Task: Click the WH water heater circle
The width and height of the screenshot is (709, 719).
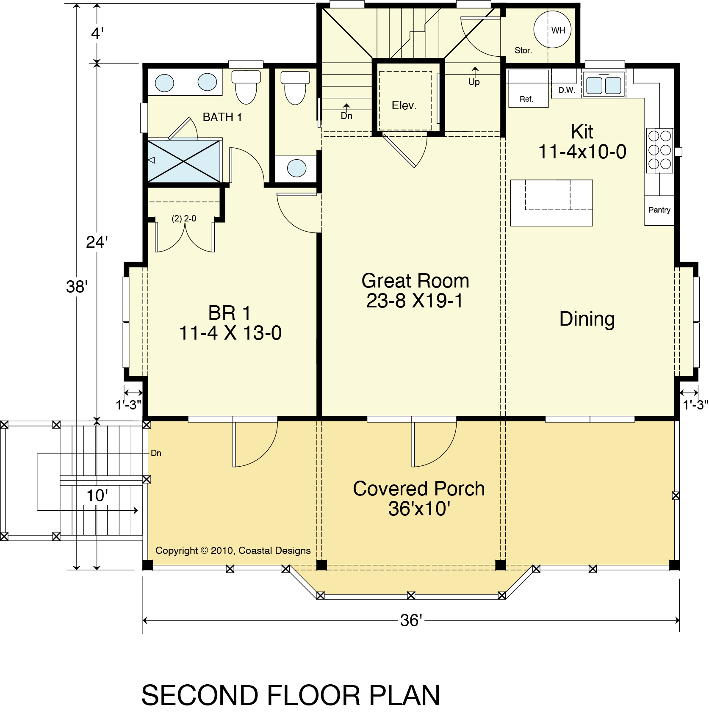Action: [553, 30]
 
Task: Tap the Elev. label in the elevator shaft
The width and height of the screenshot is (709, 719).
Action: [404, 105]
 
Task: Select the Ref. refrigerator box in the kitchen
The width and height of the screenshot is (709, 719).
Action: [528, 88]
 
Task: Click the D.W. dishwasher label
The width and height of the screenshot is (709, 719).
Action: [567, 90]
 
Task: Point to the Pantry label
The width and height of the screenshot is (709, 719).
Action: [659, 210]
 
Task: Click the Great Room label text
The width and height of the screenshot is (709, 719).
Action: [415, 281]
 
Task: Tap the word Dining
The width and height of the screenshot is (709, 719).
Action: [587, 319]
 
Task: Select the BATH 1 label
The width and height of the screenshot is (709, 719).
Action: [222, 117]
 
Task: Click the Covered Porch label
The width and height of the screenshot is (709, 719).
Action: [419, 489]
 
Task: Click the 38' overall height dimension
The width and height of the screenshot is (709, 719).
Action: [77, 287]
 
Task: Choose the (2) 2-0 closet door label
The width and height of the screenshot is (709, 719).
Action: [184, 218]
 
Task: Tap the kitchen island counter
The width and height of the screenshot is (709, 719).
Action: [551, 203]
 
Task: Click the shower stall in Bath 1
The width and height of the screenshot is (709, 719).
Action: [184, 161]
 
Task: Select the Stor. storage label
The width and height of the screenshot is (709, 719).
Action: [523, 50]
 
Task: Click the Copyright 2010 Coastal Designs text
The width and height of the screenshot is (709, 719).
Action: [233, 550]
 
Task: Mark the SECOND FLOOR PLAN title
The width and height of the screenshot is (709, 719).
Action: [291, 695]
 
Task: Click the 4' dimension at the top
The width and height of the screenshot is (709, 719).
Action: [97, 33]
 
